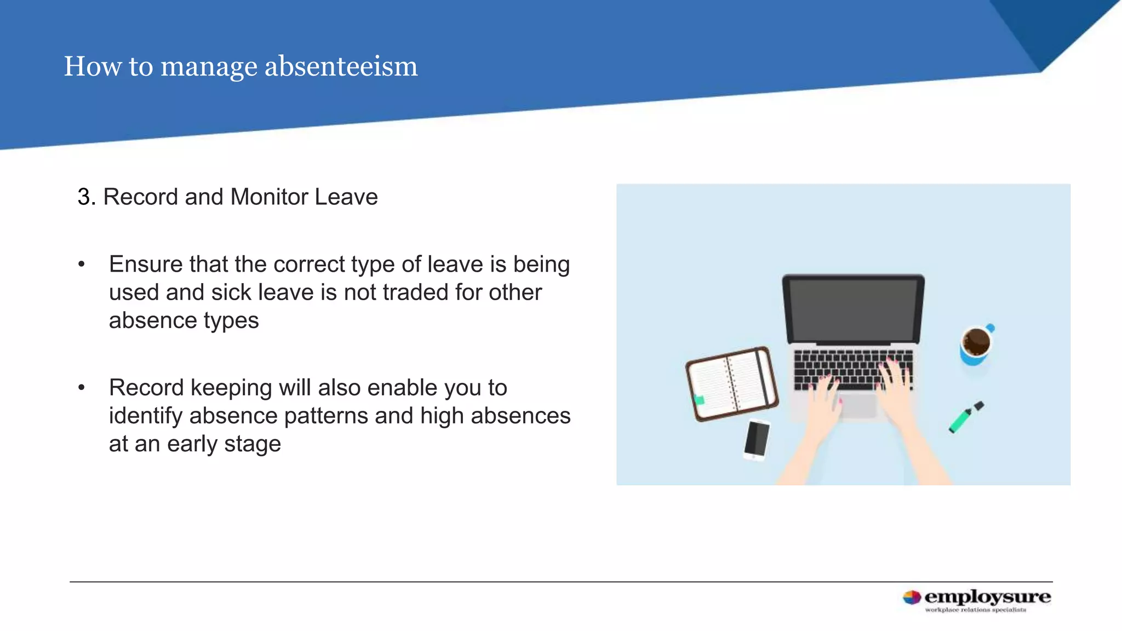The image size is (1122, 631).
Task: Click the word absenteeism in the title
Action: tap(341, 67)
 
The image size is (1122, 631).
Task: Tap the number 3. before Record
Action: tap(87, 197)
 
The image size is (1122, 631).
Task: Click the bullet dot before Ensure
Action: tap(82, 265)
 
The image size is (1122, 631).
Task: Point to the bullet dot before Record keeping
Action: tap(82, 388)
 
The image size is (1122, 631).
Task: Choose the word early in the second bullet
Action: tap(192, 444)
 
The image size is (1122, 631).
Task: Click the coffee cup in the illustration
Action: tap(976, 344)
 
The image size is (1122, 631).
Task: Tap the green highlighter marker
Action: tap(965, 418)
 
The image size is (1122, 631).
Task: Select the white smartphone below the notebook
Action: tap(757, 439)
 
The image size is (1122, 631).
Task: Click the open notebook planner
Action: tap(731, 384)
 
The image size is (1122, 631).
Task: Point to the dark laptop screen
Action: tap(853, 309)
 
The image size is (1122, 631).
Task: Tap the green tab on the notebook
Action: tap(699, 400)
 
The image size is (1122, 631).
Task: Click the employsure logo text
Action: tap(987, 596)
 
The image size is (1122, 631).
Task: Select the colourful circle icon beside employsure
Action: tap(912, 598)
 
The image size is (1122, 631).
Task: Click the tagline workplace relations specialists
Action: tap(975, 610)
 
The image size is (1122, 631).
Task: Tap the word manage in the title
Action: tap(209, 67)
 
